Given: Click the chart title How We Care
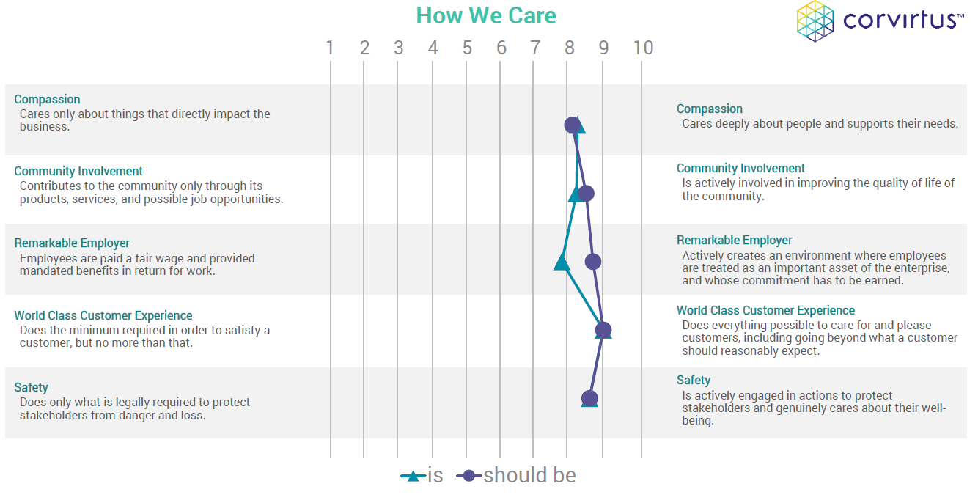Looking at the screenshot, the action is click(486, 15).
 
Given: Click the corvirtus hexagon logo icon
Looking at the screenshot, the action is click(815, 21).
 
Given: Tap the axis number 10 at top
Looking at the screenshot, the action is click(643, 48).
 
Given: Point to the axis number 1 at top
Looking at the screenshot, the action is click(330, 48).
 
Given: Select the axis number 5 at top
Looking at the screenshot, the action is click(467, 48).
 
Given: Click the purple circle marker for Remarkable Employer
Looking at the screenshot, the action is click(593, 262).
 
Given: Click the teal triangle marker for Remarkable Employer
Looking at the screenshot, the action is click(562, 262).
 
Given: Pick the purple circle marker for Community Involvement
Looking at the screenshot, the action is click(586, 193).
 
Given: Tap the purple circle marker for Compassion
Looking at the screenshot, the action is click(573, 125).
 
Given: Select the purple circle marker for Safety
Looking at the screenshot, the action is click(589, 398).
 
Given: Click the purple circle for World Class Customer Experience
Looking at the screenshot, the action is click(603, 330).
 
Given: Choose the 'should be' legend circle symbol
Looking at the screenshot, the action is click(469, 475).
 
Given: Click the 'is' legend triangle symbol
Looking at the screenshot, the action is click(413, 476).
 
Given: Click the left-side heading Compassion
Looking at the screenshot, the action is click(47, 100).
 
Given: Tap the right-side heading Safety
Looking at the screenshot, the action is click(694, 381).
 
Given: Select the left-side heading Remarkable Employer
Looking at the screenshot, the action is click(72, 243).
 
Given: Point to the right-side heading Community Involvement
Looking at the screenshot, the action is click(740, 168).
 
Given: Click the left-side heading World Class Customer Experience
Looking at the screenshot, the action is click(103, 315).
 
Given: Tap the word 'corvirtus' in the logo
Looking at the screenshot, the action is click(900, 21).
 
